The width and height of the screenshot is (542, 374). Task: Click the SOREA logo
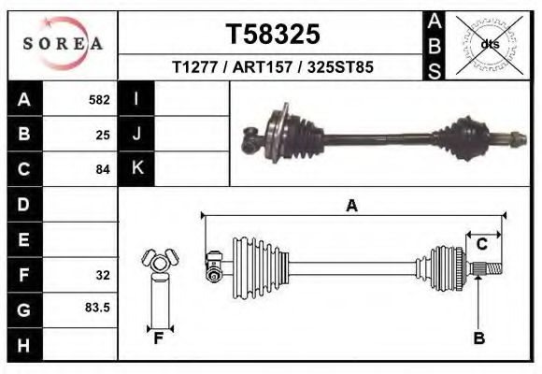tap(62, 43)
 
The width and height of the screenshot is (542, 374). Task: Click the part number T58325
tap(273, 35)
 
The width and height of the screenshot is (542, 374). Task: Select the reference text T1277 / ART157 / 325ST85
tap(273, 68)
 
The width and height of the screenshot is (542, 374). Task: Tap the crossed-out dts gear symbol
tap(488, 44)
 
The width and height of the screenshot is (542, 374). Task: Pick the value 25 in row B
tap(103, 135)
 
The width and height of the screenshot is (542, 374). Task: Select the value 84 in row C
tap(103, 170)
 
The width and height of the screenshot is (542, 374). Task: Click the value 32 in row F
tap(103, 276)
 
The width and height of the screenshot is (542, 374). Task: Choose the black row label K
tap(137, 168)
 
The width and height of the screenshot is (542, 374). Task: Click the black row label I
tap(137, 99)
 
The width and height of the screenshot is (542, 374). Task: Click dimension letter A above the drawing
tap(352, 206)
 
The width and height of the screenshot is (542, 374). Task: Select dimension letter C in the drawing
tap(482, 245)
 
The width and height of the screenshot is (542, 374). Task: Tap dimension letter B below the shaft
tap(478, 338)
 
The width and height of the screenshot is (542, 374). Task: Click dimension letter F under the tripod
tap(159, 338)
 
